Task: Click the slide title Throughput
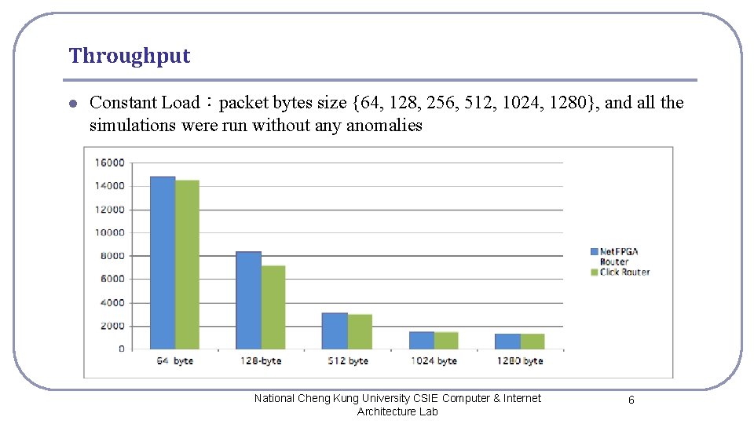[x=130, y=56]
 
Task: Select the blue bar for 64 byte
[x=163, y=263]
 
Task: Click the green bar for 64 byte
[x=187, y=265]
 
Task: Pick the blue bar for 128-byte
[x=248, y=300]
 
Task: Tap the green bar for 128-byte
[x=273, y=307]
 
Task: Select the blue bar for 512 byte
[x=335, y=331]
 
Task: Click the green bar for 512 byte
[x=360, y=331]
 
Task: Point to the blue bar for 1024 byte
[x=421, y=340]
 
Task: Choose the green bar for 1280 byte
[x=533, y=341]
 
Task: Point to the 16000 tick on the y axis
[x=109, y=163]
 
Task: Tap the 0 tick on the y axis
[x=121, y=349]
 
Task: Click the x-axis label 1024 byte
[x=434, y=361]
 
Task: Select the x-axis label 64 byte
[x=174, y=361]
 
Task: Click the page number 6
[x=631, y=400]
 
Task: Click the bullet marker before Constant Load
[x=72, y=104]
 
